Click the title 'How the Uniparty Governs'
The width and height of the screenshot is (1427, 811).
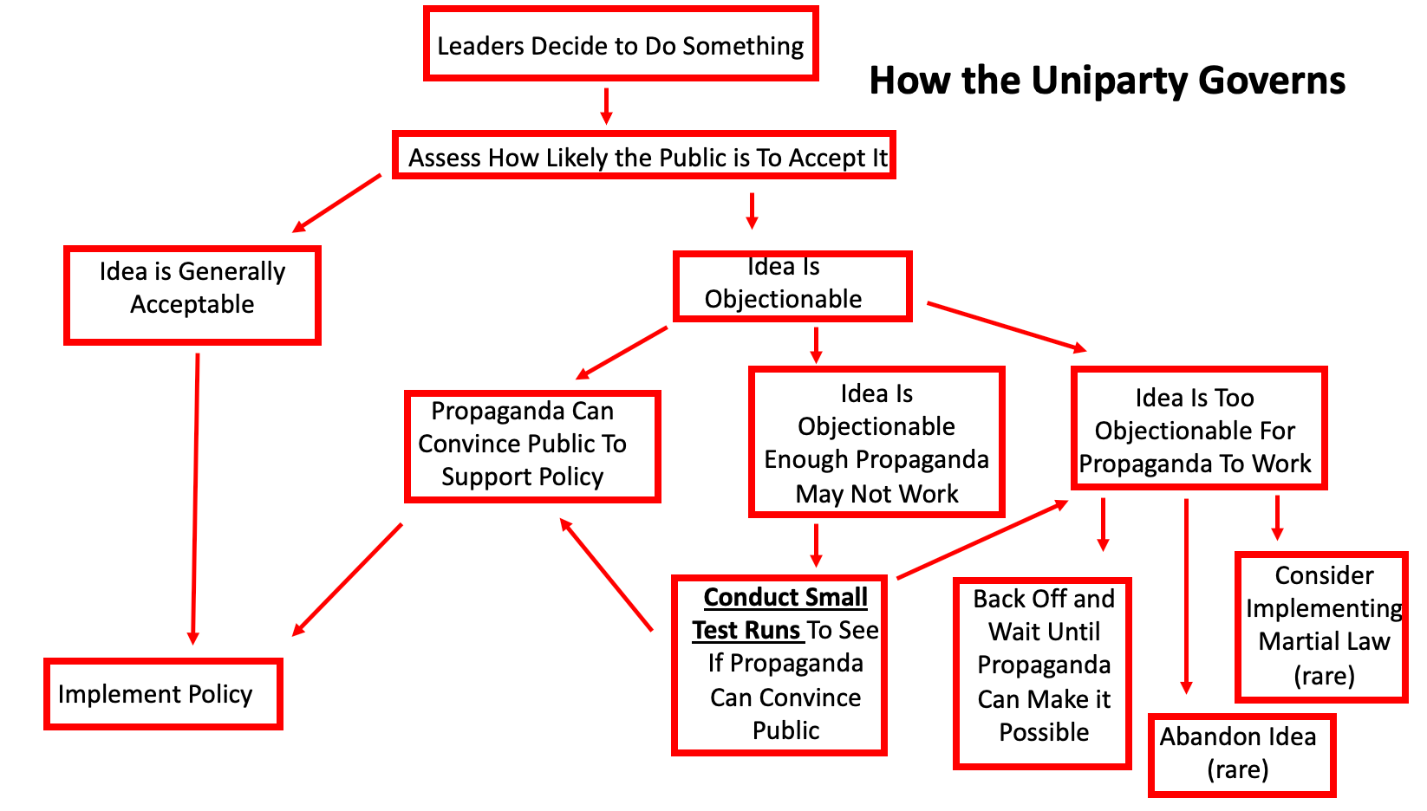(1106, 81)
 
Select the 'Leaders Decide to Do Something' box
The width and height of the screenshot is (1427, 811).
(621, 45)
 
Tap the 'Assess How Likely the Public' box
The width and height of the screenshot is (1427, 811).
(643, 157)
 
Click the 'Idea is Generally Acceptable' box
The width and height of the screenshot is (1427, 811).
(192, 295)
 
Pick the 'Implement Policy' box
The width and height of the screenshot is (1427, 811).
(163, 694)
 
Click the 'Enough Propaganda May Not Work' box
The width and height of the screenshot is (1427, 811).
(876, 443)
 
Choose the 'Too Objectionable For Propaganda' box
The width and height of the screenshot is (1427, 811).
(1199, 428)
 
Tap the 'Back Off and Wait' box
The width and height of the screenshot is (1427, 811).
(1043, 673)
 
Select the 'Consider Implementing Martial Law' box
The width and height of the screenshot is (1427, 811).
(1321, 626)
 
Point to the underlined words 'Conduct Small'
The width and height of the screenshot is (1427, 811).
(785, 597)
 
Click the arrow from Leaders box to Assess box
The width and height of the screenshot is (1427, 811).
(607, 106)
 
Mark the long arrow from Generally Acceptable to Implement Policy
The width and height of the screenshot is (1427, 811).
(195, 498)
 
